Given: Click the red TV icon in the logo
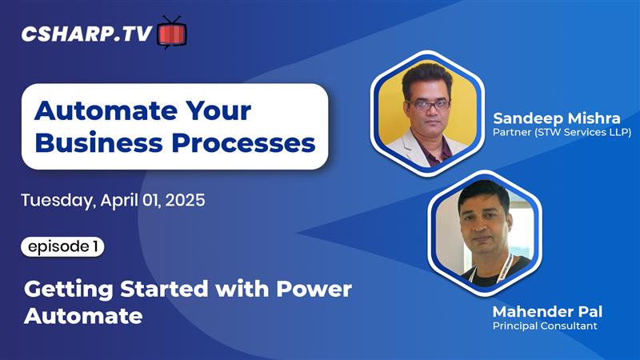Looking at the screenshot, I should coord(172,33).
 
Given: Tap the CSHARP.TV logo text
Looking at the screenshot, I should coord(87,34).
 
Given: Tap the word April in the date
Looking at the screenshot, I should coord(120,200).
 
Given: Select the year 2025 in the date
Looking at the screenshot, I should coord(186,200).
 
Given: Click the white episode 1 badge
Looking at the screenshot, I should coord(62,247).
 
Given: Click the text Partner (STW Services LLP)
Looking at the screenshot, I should coord(562,133).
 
